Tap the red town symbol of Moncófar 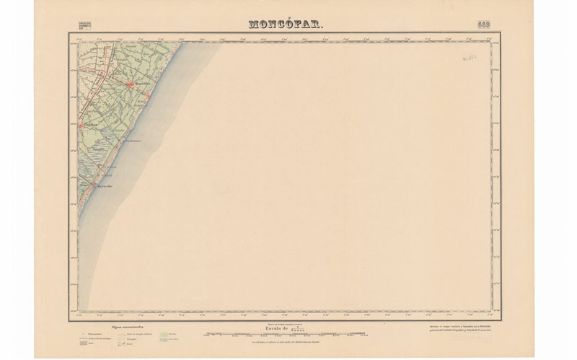click(x=130, y=85)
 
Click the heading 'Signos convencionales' click(x=128, y=327)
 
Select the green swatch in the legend click(x=163, y=334)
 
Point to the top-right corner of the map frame click(x=501, y=33)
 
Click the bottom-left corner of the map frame click(x=69, y=320)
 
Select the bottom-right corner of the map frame click(x=501, y=320)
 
